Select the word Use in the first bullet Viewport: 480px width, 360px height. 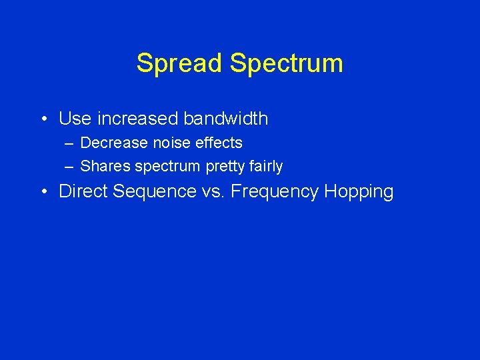coord(75,119)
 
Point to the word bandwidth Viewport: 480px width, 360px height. coord(226,119)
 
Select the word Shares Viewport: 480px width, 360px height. coord(105,166)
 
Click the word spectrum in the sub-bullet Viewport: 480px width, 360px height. coord(167,167)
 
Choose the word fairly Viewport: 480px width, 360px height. coord(267,167)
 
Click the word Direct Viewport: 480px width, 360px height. coord(83,191)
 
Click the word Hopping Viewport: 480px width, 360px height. coord(359,192)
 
